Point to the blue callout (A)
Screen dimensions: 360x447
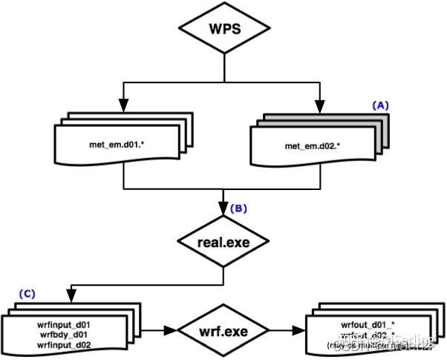click(380, 106)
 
